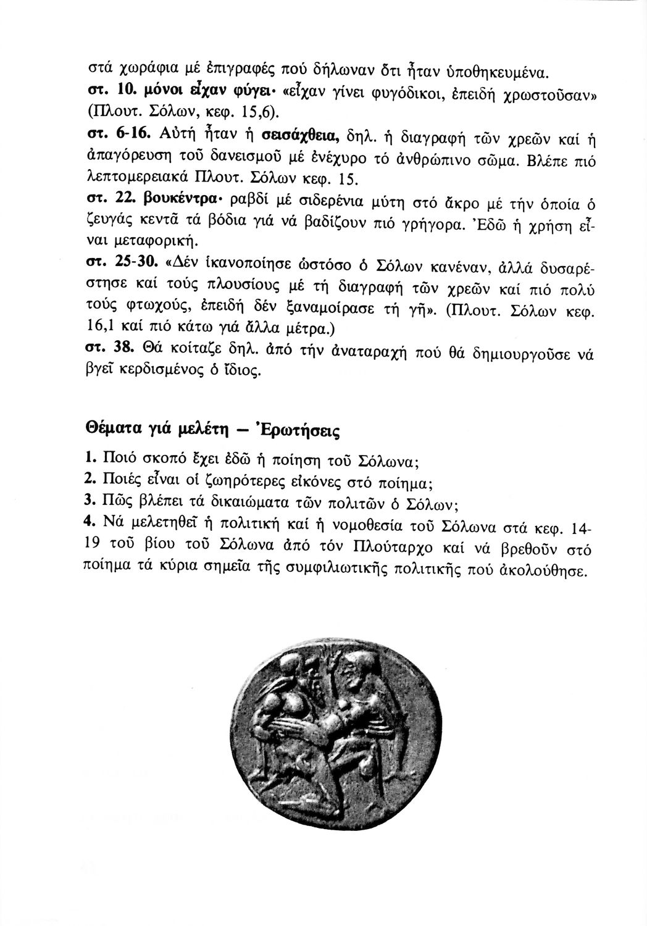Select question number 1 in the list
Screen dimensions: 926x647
click(x=88, y=458)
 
